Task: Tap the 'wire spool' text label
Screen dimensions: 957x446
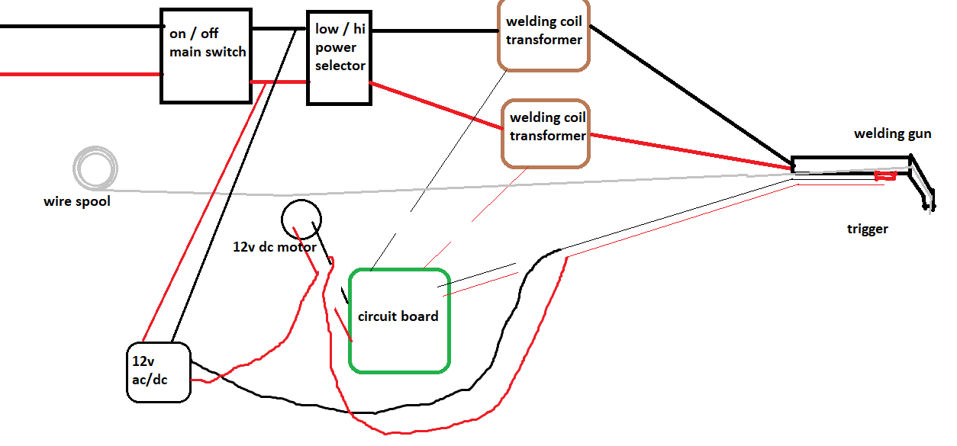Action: [x=77, y=201]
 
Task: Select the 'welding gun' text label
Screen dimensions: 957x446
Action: [x=892, y=133]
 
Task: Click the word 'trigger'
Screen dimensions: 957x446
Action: [x=867, y=229]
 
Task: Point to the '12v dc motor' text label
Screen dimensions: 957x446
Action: [x=274, y=247]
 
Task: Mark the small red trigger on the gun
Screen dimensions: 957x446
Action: [x=885, y=175]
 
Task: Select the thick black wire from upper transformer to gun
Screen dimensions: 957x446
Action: [x=691, y=97]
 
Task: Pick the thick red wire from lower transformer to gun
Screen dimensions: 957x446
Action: [x=691, y=152]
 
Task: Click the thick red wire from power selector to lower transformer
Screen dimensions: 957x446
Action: [x=436, y=105]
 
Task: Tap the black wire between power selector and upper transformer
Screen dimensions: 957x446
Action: [x=435, y=30]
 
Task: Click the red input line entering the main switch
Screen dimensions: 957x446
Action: [x=81, y=74]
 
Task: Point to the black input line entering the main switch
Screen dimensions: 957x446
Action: [x=81, y=27]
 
